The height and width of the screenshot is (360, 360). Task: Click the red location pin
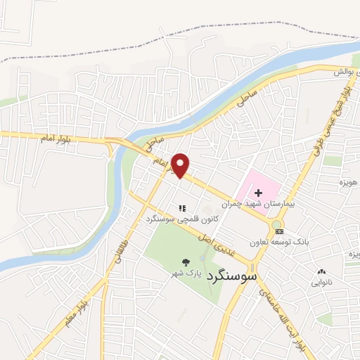(x=181, y=165)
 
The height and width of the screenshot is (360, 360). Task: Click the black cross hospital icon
(x=258, y=191)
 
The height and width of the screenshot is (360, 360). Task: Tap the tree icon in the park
(x=185, y=261)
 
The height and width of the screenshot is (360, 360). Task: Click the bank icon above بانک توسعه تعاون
(x=279, y=231)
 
